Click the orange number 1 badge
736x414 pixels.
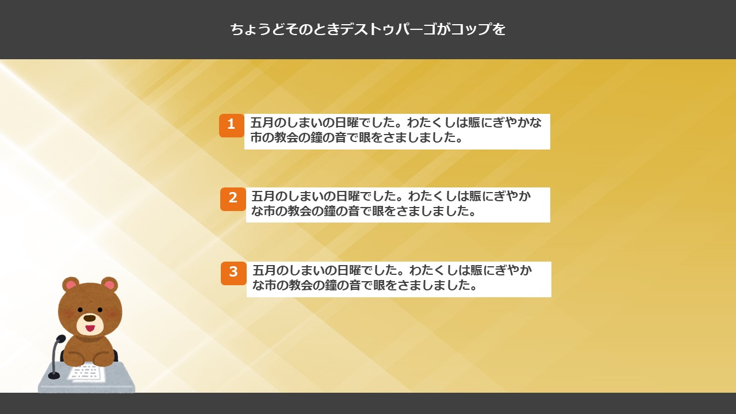point(232,125)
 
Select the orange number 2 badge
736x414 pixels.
point(233,199)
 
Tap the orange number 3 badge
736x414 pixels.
point(233,273)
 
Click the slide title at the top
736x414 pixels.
point(367,29)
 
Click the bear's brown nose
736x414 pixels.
point(90,318)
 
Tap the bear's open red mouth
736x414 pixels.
point(90,328)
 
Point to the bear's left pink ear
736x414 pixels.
point(71,284)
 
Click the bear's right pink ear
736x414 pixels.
point(109,284)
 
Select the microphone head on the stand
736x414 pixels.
point(61,339)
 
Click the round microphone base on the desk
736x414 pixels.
point(54,375)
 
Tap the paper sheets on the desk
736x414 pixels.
point(86,373)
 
